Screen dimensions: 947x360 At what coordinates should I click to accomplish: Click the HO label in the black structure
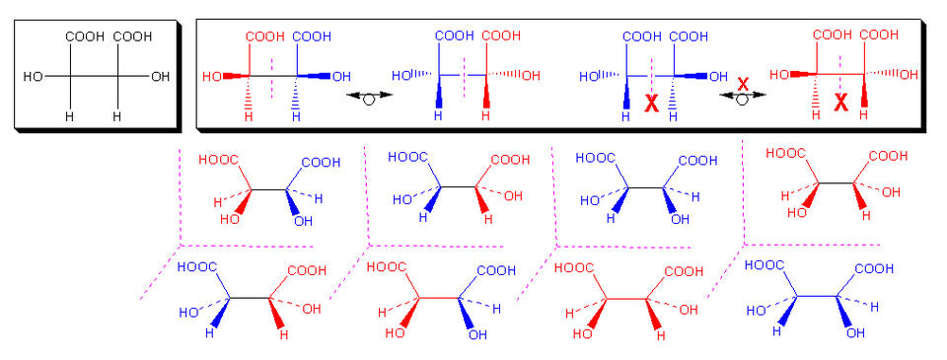point(33,77)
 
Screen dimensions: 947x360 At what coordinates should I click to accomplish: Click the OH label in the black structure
point(160,77)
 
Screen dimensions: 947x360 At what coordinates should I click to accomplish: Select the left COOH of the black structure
point(85,36)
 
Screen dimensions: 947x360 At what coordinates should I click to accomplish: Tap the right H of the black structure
point(117,116)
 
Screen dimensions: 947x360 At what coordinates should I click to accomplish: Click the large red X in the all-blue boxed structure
point(651,105)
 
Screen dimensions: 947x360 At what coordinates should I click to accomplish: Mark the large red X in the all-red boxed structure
point(840,104)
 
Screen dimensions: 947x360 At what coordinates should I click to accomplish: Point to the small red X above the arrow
point(743,84)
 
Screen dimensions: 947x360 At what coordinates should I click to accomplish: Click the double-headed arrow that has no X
point(369,96)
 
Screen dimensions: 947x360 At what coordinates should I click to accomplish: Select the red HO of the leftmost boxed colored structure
point(212,77)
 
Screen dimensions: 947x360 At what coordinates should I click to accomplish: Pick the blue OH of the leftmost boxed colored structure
point(341,77)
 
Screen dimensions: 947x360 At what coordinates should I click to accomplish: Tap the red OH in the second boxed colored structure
point(531,76)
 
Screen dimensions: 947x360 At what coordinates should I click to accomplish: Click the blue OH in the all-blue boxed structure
point(718,77)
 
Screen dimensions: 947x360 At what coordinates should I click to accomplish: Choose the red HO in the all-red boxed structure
point(780,75)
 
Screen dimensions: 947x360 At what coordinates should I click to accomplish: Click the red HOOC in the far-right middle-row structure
point(786,154)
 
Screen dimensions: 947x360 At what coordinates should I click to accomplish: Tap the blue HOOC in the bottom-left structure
point(197,266)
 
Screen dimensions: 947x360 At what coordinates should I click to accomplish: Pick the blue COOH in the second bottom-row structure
point(497,269)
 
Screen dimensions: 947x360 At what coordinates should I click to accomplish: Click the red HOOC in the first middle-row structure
point(219,160)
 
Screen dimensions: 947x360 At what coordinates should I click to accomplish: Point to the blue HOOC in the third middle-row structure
point(596,158)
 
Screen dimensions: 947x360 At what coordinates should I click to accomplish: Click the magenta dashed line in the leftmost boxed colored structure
point(273,77)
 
